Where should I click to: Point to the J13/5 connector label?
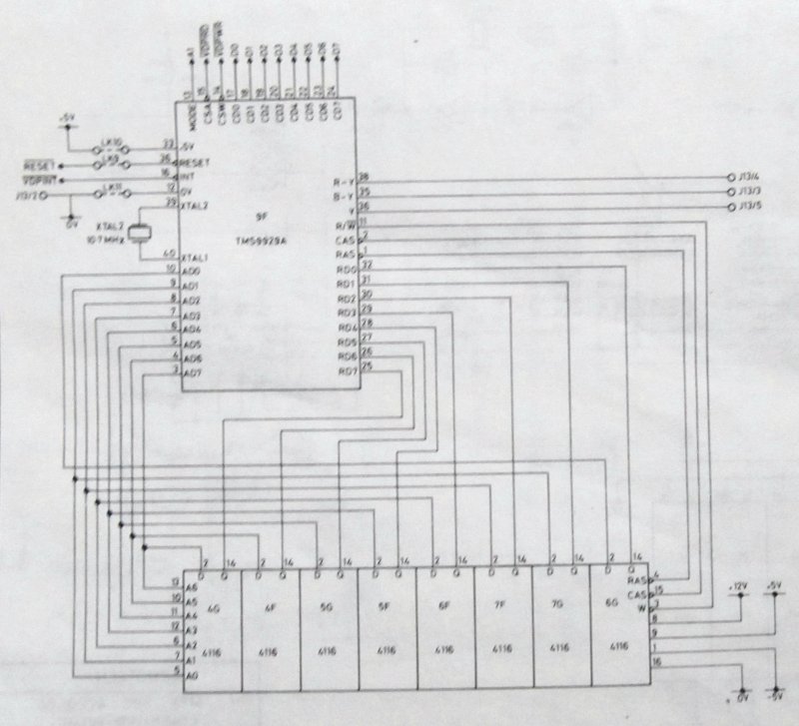[x=752, y=208]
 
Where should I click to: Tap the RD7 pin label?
[x=346, y=372]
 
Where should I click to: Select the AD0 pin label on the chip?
[x=193, y=271]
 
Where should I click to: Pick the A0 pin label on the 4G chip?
[x=193, y=675]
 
